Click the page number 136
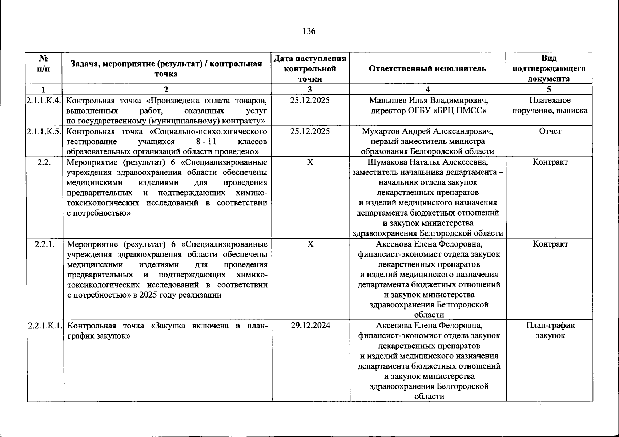pyautogui.click(x=309, y=31)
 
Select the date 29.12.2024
pyautogui.click(x=310, y=326)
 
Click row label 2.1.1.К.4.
pyautogui.click(x=44, y=100)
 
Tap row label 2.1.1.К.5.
pyautogui.click(x=44, y=131)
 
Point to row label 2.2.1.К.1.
pyautogui.click(x=45, y=326)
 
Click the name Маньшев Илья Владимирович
pyautogui.click(x=428, y=100)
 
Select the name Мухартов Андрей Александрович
pyautogui.click(x=427, y=131)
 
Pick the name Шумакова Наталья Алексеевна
pyautogui.click(x=427, y=162)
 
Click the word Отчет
pyautogui.click(x=550, y=131)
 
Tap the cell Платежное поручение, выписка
pyautogui.click(x=550, y=105)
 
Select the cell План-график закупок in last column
pyautogui.click(x=550, y=331)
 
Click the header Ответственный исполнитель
pyautogui.click(x=427, y=69)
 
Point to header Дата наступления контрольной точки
pyautogui.click(x=310, y=68)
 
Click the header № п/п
pyautogui.click(x=44, y=64)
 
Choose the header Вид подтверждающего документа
pyautogui.click(x=549, y=68)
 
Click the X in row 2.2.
pyautogui.click(x=310, y=162)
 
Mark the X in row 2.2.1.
pyautogui.click(x=310, y=244)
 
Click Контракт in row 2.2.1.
pyautogui.click(x=550, y=244)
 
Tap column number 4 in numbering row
pyautogui.click(x=427, y=90)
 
